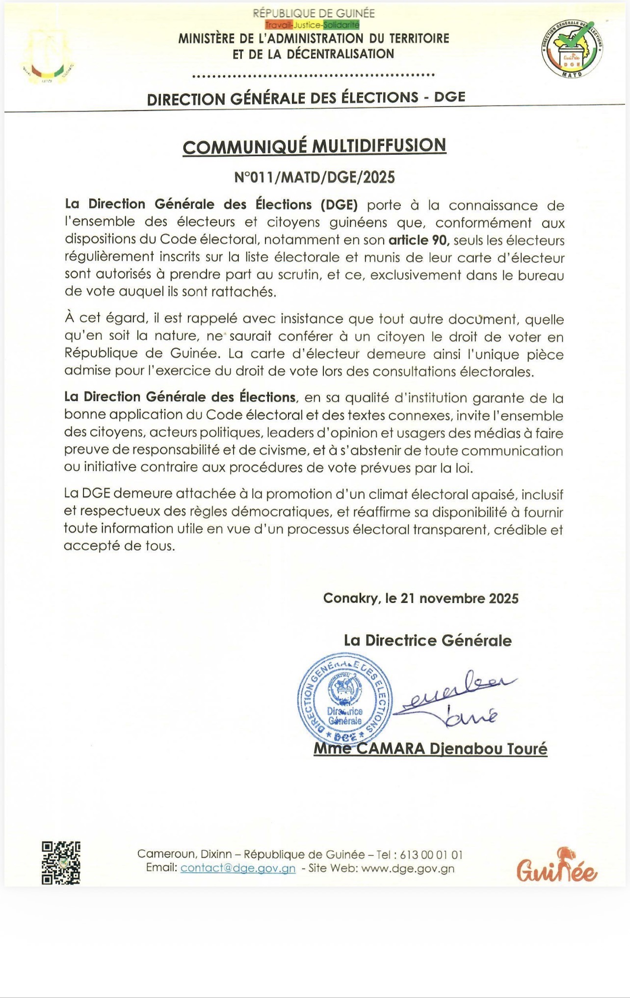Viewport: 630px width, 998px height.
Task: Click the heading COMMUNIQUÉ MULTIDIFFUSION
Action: [x=314, y=146]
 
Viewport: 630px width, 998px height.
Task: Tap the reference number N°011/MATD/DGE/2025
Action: [x=314, y=177]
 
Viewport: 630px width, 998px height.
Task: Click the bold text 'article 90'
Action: [x=419, y=241]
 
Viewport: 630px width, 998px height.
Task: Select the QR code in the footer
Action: [x=61, y=863]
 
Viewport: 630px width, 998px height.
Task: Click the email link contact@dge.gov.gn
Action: [x=238, y=868]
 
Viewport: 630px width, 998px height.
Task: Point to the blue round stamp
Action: [x=345, y=699]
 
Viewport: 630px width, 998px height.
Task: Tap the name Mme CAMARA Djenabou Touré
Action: [x=430, y=749]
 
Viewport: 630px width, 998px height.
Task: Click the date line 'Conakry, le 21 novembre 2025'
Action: [x=420, y=598]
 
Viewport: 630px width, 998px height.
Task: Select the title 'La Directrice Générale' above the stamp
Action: [x=427, y=640]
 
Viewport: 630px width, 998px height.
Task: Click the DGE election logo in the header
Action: [x=572, y=50]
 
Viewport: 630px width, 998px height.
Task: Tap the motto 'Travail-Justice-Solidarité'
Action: [x=312, y=25]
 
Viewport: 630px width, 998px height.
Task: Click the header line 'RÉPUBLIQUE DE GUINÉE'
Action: [x=314, y=13]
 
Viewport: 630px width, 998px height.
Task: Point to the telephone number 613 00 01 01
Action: [x=431, y=855]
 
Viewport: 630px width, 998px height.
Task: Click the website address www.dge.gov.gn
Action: [x=408, y=868]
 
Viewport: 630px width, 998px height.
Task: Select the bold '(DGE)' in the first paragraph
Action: [x=339, y=204]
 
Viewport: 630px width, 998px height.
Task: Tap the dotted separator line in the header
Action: [x=314, y=76]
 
